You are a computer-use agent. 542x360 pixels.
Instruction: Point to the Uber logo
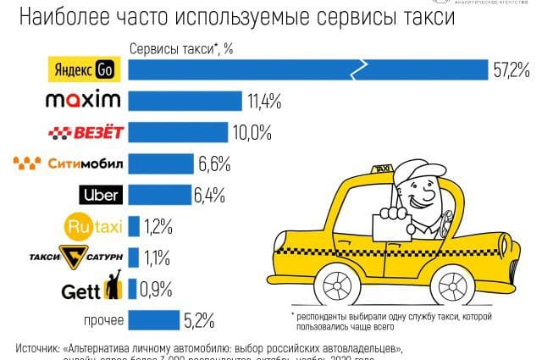coord(101,194)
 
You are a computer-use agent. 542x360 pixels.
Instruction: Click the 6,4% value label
coord(209,195)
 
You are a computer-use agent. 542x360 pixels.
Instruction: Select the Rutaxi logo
coord(95,226)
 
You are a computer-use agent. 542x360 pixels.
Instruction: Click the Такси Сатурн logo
coord(89,257)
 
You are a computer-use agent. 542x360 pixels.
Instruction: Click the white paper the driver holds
coord(392,226)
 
